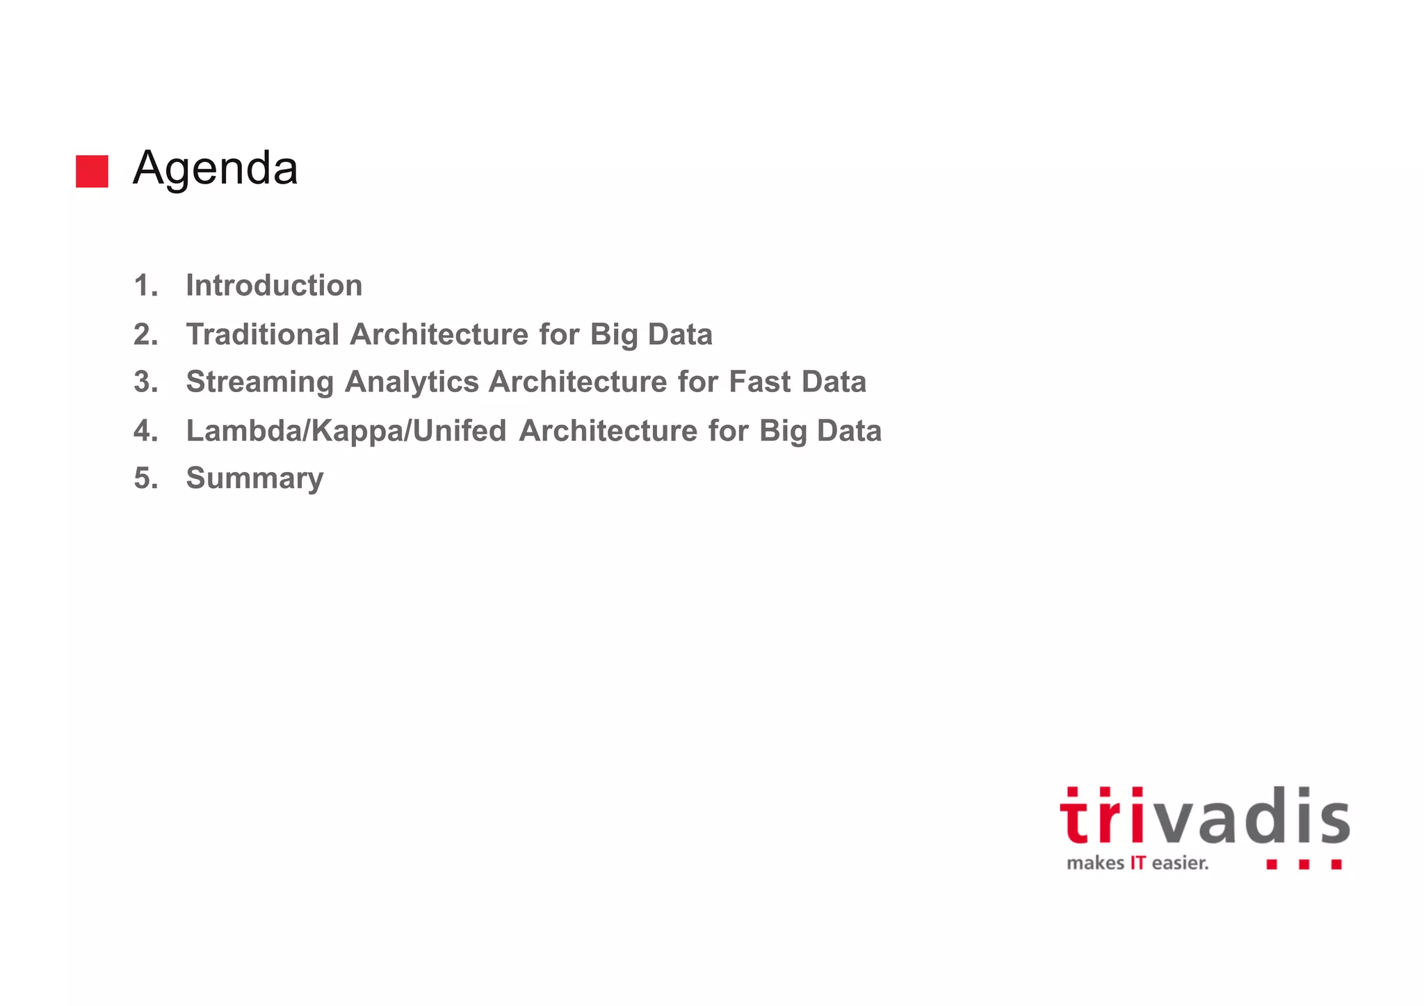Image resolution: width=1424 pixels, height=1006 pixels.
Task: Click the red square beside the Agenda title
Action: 92,171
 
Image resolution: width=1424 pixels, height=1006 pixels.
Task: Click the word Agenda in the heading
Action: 216,169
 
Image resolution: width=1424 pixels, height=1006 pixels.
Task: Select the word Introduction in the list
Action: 274,286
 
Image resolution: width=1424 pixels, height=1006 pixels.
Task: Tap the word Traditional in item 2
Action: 262,334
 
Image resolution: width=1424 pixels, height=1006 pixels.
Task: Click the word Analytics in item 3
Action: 412,382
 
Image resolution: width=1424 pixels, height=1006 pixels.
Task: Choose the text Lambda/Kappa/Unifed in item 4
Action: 346,431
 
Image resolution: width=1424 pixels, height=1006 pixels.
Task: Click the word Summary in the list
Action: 254,479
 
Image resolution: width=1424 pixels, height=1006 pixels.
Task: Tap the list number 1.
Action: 145,286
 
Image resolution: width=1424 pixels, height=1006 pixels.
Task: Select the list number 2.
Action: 145,334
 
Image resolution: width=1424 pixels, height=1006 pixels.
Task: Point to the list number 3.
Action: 145,382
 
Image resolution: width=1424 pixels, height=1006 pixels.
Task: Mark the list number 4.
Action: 145,431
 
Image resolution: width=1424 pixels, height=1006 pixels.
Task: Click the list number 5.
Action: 145,479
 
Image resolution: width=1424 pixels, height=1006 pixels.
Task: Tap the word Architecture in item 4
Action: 608,431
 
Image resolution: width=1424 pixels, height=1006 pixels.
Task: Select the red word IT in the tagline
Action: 1138,863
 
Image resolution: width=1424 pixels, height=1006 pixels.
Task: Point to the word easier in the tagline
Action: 1180,863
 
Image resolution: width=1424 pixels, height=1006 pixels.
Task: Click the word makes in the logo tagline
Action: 1095,863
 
